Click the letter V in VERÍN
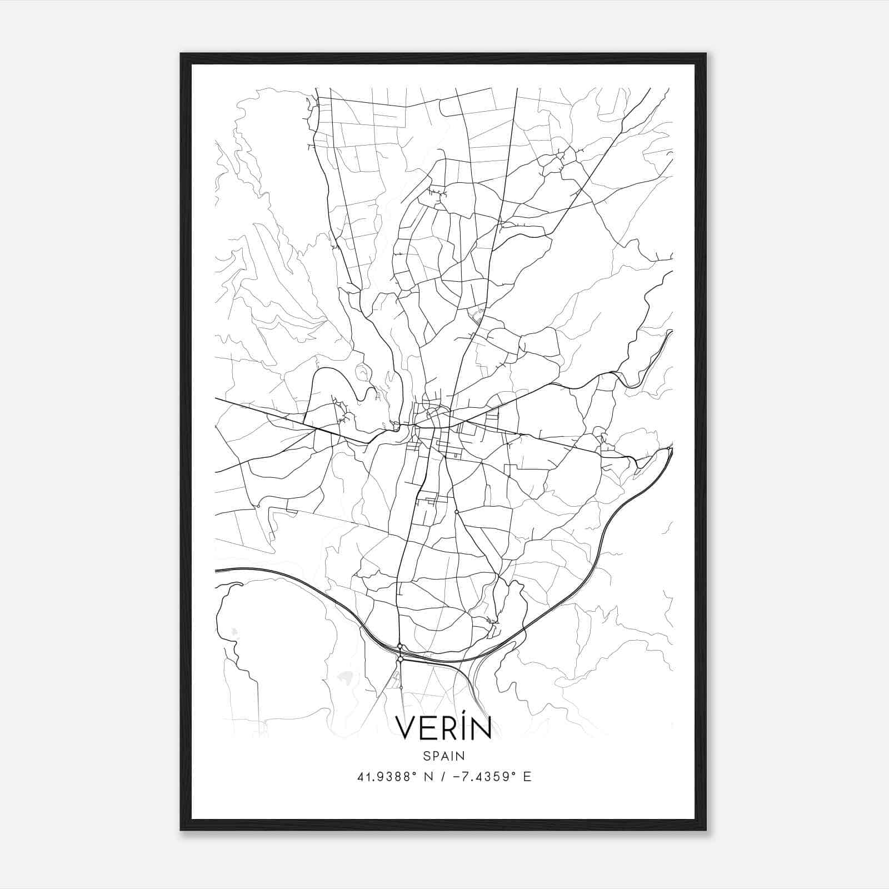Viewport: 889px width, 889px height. point(406,728)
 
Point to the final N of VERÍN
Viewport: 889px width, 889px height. point(480,728)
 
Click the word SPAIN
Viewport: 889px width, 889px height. point(444,756)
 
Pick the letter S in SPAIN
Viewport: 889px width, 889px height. point(426,756)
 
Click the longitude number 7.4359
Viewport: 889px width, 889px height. point(483,777)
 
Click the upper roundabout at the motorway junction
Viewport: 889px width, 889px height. point(399,646)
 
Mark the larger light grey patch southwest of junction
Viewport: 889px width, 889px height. point(346,677)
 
